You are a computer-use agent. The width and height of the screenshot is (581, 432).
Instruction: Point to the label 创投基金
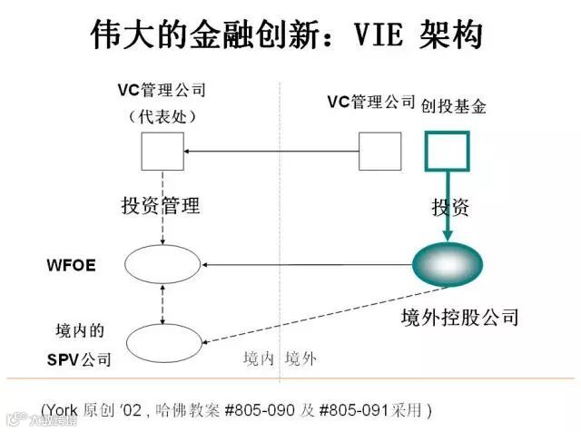point(454,107)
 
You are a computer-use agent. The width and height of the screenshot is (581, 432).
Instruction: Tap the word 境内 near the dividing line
point(259,358)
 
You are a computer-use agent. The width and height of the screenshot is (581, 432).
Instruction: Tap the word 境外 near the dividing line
point(301,358)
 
